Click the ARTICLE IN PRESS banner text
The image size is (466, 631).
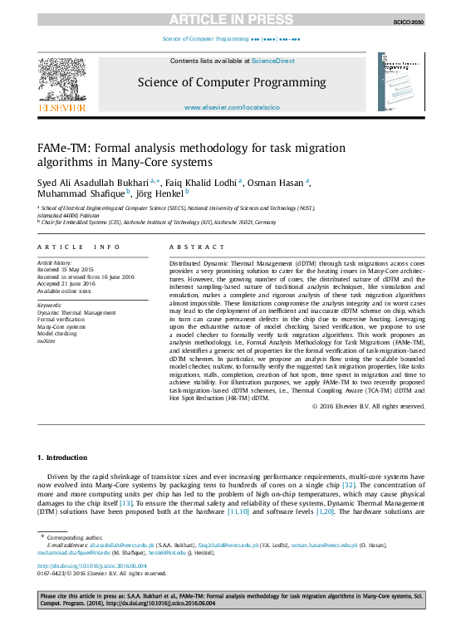[233, 19]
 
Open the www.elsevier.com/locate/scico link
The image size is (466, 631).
[232, 108]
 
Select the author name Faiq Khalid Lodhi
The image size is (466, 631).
[202, 182]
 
